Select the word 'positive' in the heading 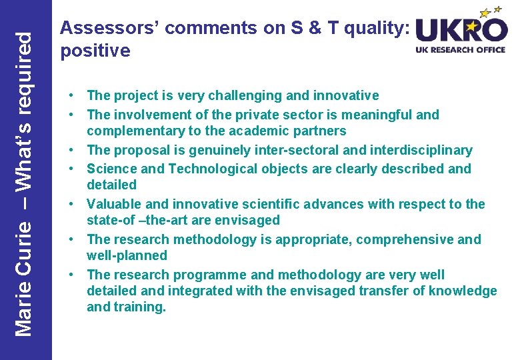tap(95, 51)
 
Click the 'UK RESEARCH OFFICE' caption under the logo tap(461, 49)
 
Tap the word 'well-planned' tap(127, 255)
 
